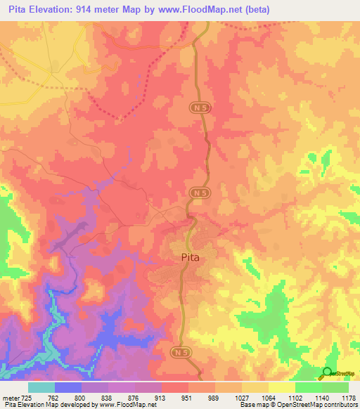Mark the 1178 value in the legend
point(349,398)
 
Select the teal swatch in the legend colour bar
point(41,387)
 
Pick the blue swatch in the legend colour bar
point(68,387)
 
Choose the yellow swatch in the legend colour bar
point(281,387)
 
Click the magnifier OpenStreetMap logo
point(328,372)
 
